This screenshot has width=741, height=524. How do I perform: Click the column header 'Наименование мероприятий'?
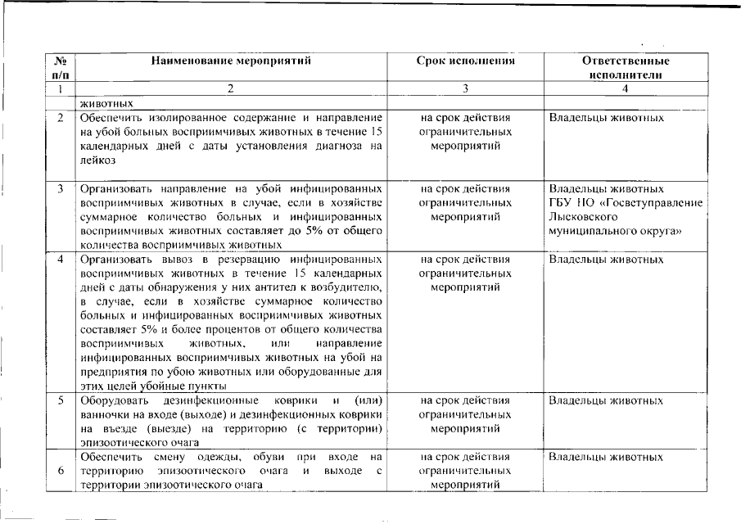(x=232, y=61)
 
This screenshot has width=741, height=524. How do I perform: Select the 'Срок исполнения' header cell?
(x=465, y=61)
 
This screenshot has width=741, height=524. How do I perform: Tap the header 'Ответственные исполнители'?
(x=625, y=67)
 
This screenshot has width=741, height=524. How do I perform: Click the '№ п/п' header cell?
(x=60, y=67)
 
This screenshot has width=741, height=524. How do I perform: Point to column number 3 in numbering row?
(x=465, y=88)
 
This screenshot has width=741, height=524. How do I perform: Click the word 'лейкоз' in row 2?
(x=97, y=160)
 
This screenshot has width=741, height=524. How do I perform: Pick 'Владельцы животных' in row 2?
(x=606, y=118)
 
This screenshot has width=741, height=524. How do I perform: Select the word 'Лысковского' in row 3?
(x=582, y=217)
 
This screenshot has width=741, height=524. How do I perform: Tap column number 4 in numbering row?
(x=625, y=88)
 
